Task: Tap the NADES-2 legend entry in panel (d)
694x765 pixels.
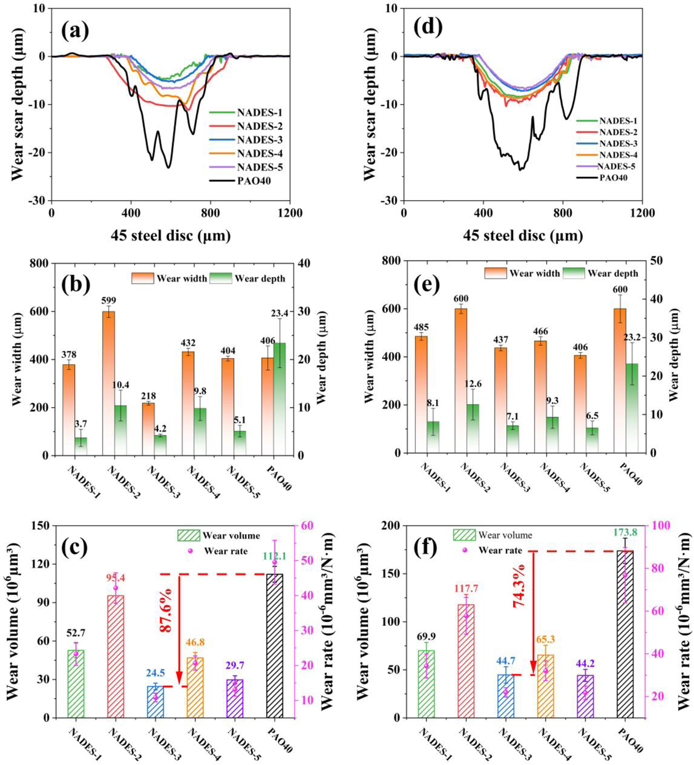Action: tap(618, 132)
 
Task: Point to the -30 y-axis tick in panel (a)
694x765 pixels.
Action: tap(37, 201)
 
